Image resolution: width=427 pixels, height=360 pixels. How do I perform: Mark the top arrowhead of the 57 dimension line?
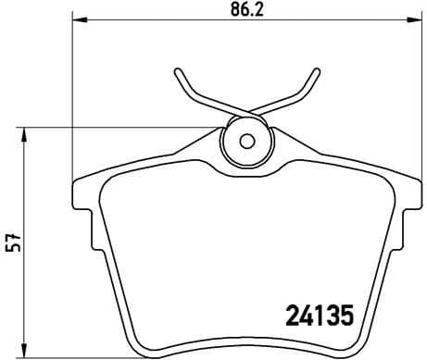(25, 133)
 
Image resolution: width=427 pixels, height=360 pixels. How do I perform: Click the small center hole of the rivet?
(246, 142)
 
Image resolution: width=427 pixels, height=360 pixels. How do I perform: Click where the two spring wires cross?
(246, 114)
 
